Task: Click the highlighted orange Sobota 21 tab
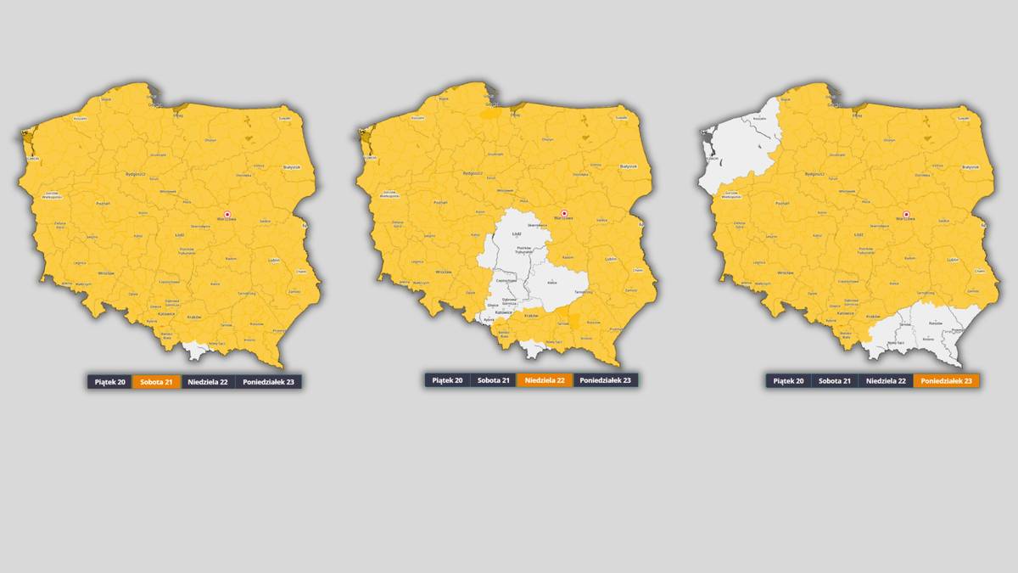pos(156,382)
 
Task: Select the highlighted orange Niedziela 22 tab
pos(545,380)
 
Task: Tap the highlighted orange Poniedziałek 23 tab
pos(946,381)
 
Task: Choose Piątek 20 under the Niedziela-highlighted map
pos(447,380)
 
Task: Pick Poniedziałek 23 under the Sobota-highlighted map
pos(268,382)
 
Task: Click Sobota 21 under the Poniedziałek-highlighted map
pos(834,381)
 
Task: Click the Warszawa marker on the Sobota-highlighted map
pos(227,215)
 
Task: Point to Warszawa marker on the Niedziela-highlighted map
pos(564,213)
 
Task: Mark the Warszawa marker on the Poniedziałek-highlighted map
pos(906,215)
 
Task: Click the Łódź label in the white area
pos(517,233)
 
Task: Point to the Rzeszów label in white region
pos(936,323)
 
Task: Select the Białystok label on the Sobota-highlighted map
pos(293,166)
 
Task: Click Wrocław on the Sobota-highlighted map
pos(105,272)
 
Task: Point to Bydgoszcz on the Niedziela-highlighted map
pos(473,173)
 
